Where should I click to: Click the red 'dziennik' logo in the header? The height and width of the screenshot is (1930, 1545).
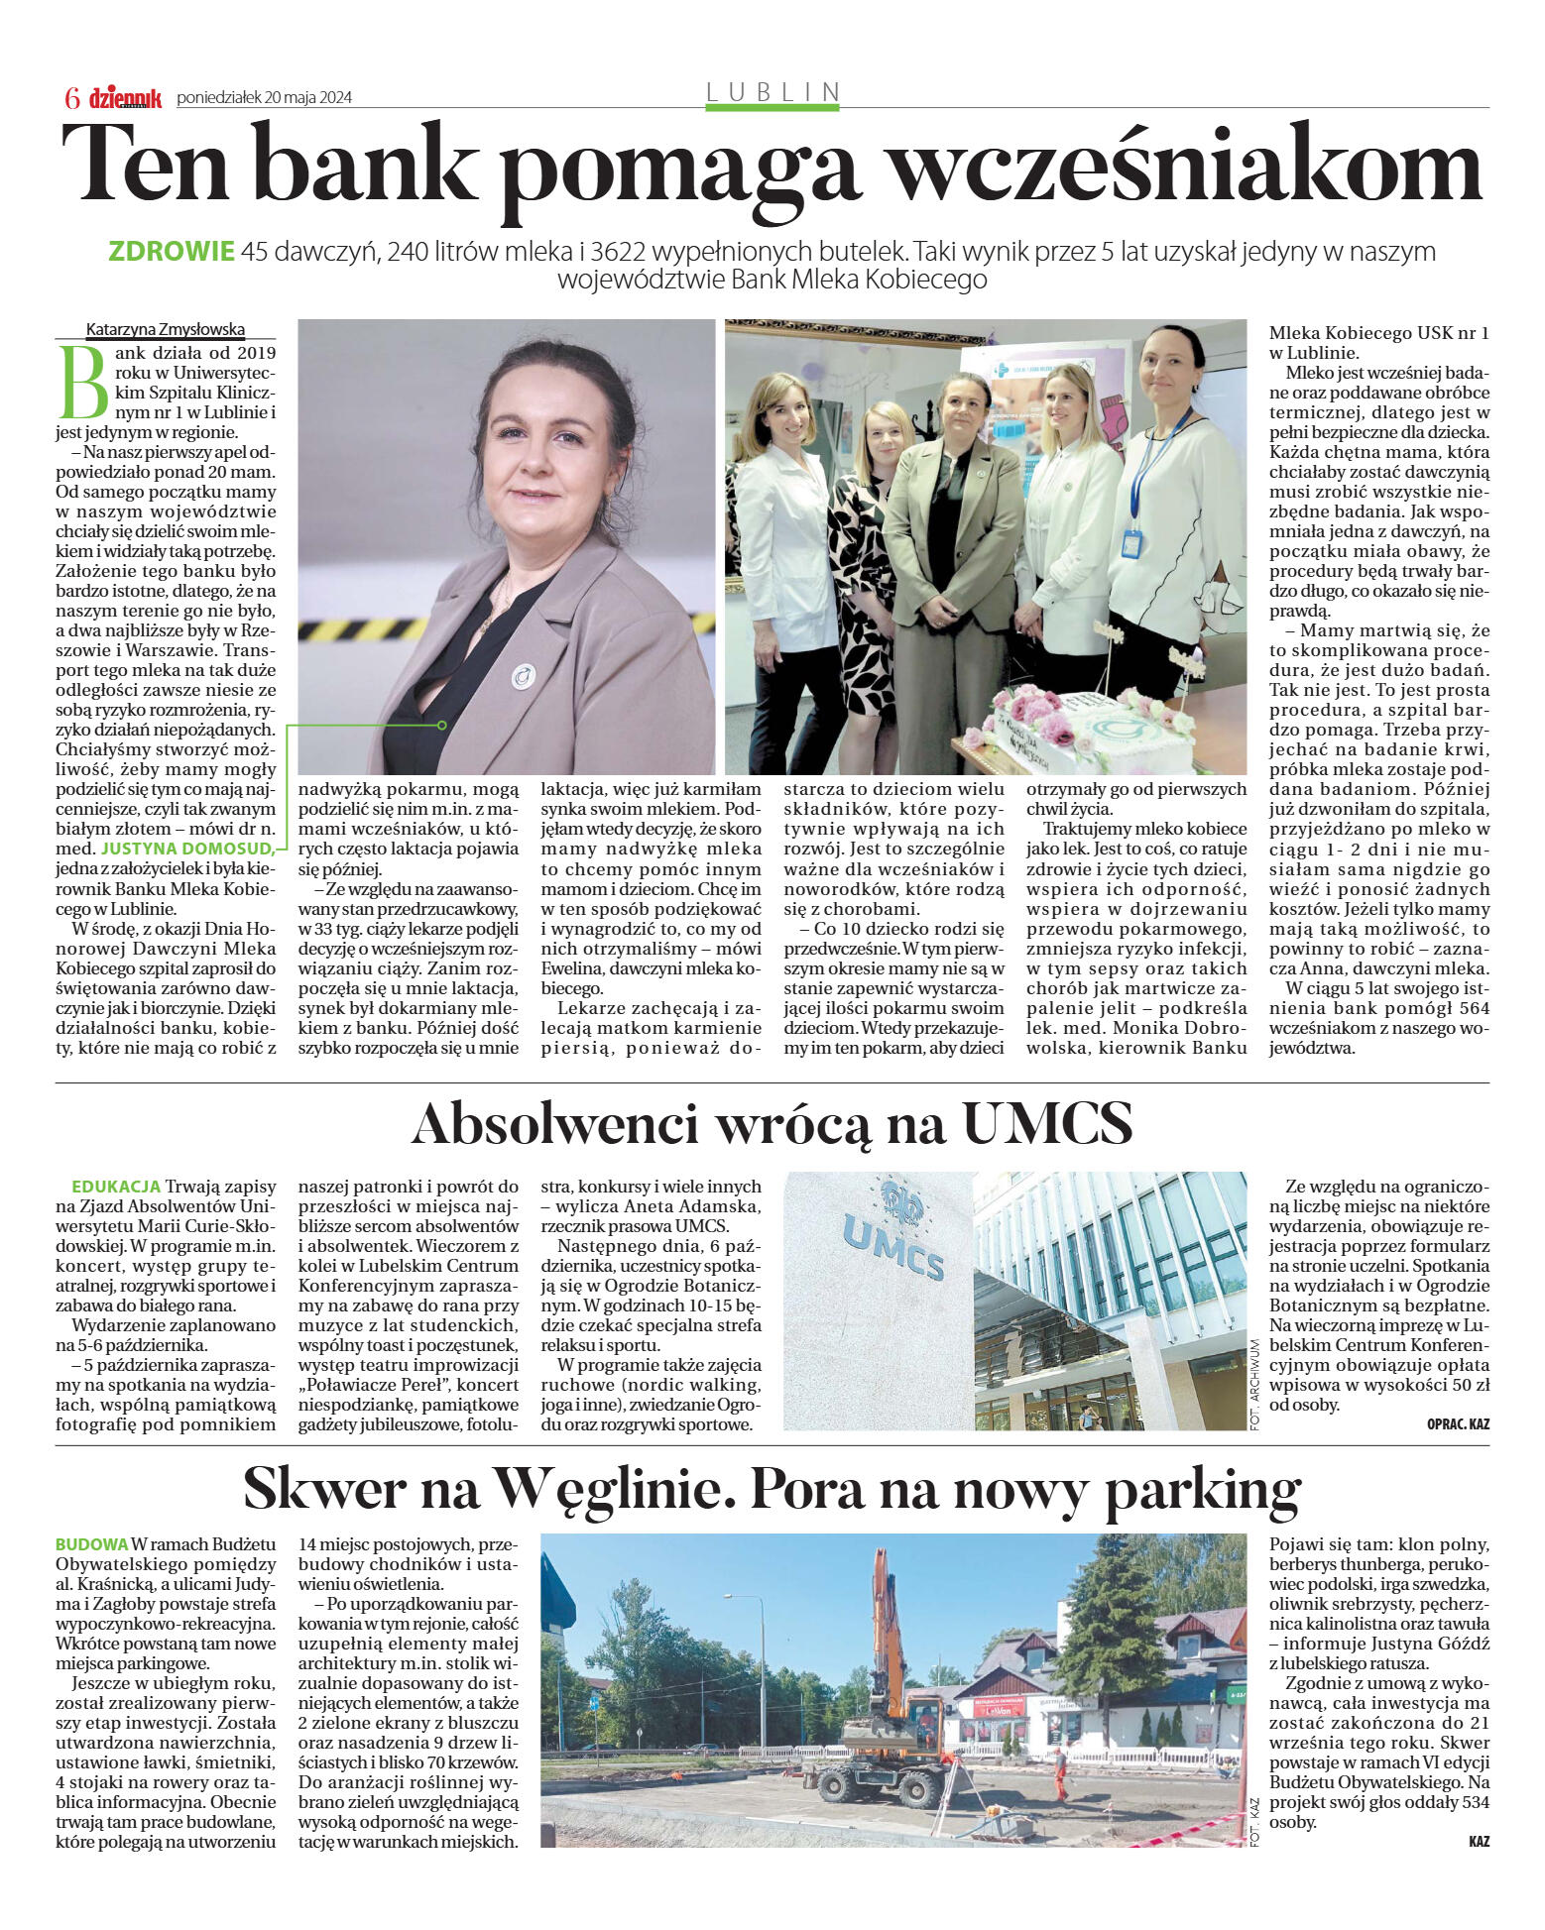pos(125,97)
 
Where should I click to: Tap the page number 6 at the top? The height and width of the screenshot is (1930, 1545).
pos(71,97)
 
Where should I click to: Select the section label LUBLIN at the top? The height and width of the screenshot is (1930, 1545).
pos(772,92)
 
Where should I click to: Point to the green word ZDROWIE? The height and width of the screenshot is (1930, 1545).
pos(171,252)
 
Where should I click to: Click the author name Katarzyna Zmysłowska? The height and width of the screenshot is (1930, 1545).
pos(165,330)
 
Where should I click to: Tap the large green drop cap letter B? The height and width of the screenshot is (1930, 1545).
pos(83,381)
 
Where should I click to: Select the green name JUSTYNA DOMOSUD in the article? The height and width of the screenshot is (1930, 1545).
pos(186,849)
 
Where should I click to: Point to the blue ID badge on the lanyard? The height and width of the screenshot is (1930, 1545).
pos(1131,543)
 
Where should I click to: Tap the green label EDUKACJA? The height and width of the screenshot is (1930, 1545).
pos(116,1187)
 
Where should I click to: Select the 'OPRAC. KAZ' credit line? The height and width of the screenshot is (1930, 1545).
pos(1457,1424)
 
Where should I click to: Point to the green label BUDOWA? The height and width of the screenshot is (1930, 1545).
pos(91,1544)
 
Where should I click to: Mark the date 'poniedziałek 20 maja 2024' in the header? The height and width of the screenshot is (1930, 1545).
pos(264,98)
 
